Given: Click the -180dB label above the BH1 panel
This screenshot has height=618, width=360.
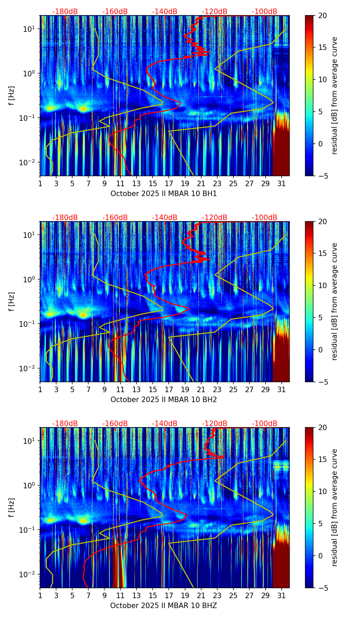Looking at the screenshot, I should (65, 12).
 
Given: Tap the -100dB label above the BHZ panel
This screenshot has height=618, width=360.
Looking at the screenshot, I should (265, 424).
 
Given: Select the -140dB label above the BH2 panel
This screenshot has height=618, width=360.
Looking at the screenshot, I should (165, 218).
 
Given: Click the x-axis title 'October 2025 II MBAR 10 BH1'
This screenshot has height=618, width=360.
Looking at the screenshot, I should (164, 194).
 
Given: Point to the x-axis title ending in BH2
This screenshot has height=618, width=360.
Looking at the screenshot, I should (164, 400).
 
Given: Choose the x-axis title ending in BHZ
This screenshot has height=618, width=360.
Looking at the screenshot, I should (164, 606).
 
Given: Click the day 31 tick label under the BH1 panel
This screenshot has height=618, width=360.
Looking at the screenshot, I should (281, 184).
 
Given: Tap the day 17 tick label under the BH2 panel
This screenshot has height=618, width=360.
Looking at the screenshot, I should (169, 390).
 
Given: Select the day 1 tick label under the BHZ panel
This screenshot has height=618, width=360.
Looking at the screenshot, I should (40, 596).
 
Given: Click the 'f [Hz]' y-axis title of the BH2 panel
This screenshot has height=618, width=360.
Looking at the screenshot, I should (12, 301).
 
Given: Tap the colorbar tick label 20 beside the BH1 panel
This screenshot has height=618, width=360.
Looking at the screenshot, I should (322, 15).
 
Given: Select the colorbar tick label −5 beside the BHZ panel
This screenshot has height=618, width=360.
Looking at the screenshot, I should (322, 588).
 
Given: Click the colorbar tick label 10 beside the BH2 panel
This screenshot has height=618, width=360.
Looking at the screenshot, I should (322, 285).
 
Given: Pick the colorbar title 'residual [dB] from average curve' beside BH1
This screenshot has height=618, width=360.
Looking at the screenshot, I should (334, 95).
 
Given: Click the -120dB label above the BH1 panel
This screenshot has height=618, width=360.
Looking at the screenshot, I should (215, 12).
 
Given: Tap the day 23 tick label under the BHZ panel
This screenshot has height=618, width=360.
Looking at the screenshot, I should (217, 596).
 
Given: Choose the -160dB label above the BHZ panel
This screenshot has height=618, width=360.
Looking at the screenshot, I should (115, 424).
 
